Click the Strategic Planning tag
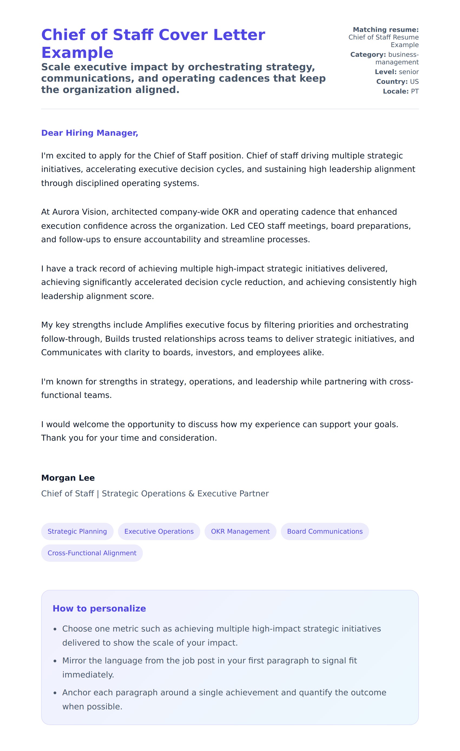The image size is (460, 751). (x=77, y=531)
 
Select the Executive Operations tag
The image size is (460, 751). (x=159, y=531)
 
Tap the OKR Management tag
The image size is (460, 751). (x=240, y=531)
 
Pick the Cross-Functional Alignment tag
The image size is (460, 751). (x=92, y=553)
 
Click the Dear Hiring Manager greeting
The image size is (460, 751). (x=90, y=133)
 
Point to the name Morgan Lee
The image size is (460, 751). (x=68, y=478)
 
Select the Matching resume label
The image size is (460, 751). (x=386, y=29)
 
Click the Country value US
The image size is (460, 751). (x=414, y=82)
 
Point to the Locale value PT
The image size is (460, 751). (x=415, y=91)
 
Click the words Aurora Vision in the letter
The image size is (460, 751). (x=81, y=212)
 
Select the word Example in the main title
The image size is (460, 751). (x=77, y=53)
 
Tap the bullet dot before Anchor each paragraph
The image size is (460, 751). (x=55, y=693)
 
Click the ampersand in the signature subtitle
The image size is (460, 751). (x=192, y=494)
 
